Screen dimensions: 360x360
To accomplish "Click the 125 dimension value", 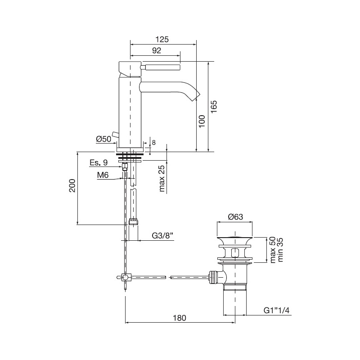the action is coord(162,40).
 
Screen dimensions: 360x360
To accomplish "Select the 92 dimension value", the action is coord(157,50).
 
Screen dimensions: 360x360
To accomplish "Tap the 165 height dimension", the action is coord(214,107).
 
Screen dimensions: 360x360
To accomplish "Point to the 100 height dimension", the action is coord(201,121).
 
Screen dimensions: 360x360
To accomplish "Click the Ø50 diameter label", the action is coord(103,139).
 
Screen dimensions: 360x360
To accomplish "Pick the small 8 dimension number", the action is coord(153,143).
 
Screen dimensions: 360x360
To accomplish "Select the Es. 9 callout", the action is coord(99,162).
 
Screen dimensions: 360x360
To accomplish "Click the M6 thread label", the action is coord(103,175).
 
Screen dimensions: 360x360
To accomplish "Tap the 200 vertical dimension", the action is coord(72,185).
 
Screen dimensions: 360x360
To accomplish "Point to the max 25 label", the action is coord(162,178).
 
